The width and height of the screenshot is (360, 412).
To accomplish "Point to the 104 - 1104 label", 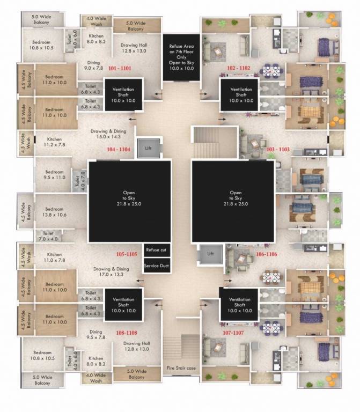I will tap(119, 149).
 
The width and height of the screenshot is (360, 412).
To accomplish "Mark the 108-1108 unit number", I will tap(124, 333).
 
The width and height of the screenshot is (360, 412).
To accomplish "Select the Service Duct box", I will tap(157, 266).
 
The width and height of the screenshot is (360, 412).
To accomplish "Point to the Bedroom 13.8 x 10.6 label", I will tap(54, 212).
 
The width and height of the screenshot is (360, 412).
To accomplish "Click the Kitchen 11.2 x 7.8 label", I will tap(54, 142).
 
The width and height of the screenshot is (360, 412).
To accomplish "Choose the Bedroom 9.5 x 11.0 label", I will tap(54, 175).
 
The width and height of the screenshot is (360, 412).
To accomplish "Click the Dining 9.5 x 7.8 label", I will tap(96, 335).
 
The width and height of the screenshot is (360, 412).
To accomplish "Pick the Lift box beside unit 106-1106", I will tap(210, 254).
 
